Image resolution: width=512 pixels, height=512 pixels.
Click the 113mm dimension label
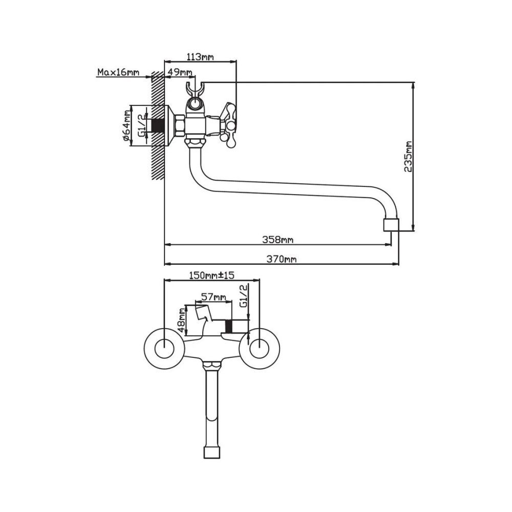coord(200,57)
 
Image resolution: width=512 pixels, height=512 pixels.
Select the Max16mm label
coord(118,72)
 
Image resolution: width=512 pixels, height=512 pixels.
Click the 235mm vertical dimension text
coord(408,156)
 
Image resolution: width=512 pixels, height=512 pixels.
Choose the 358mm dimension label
coord(278,240)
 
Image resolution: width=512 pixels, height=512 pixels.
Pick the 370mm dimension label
coord(282,259)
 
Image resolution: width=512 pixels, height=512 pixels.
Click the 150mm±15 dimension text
coord(212,275)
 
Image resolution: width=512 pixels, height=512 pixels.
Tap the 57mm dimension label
coord(214,297)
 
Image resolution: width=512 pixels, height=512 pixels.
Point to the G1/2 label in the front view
coord(243,295)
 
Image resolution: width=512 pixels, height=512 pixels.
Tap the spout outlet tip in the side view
coord(391,225)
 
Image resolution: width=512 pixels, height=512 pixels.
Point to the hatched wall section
coord(157,125)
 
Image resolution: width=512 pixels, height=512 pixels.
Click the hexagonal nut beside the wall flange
coord(180,125)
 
